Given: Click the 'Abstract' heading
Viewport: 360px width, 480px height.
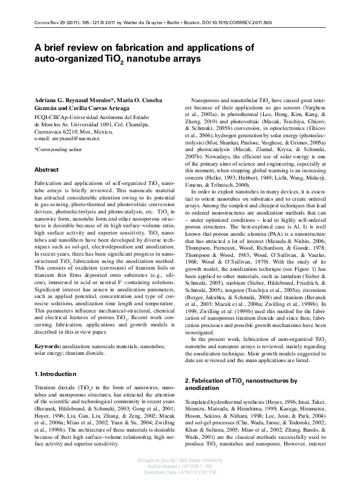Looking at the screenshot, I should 47,170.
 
